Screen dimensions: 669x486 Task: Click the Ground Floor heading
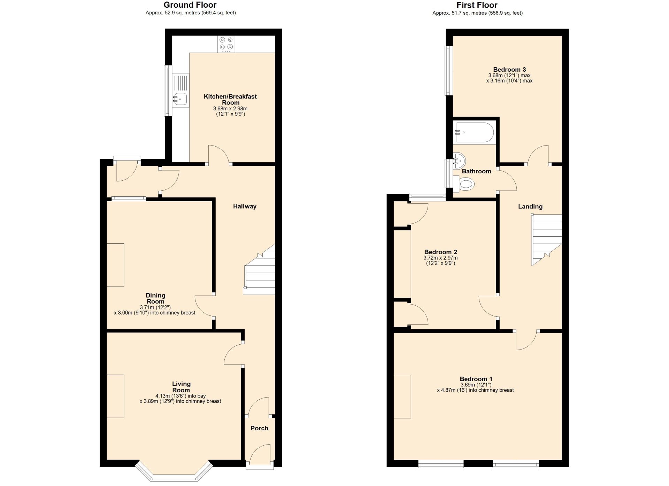pos(190,5)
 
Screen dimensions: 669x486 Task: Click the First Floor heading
pos(477,5)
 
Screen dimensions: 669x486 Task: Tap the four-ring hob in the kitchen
pos(226,44)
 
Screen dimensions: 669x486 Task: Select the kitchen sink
pos(180,99)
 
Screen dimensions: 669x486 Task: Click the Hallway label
pos(245,206)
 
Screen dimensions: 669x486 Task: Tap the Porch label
pos(259,428)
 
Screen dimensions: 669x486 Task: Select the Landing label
pos(530,207)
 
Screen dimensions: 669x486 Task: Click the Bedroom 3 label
pos(509,70)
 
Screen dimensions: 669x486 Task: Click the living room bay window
pos(174,474)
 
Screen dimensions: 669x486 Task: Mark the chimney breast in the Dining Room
pos(115,265)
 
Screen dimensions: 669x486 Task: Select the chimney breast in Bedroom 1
pos(402,396)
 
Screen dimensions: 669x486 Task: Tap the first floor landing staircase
pos(546,240)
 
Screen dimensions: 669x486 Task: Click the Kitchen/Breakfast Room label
pos(230,100)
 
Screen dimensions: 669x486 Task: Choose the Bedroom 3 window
pos(448,71)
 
